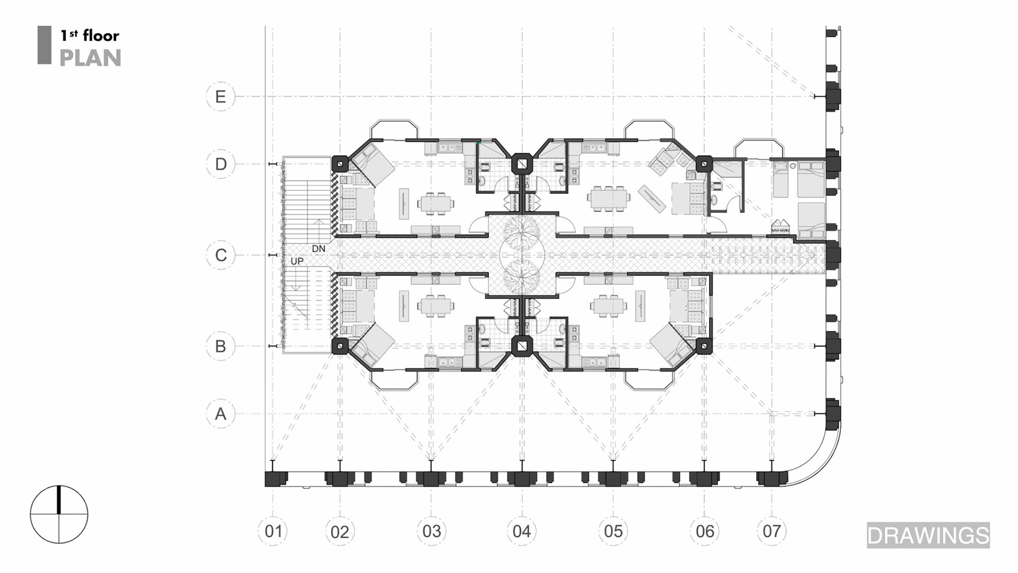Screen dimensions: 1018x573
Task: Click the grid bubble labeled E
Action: coord(221,97)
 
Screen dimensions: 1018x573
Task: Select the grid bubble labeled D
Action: coord(221,164)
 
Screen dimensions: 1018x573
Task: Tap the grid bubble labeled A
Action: coord(221,414)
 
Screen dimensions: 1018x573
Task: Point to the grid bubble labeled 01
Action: coord(273,531)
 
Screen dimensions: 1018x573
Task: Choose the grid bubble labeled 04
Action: coord(522,531)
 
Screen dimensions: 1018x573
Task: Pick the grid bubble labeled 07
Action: coord(772,531)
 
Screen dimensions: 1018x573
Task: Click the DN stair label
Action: coord(319,249)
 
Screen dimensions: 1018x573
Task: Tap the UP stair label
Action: coord(297,262)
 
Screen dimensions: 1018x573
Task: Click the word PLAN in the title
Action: coord(90,58)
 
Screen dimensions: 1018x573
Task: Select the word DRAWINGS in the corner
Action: coord(928,535)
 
